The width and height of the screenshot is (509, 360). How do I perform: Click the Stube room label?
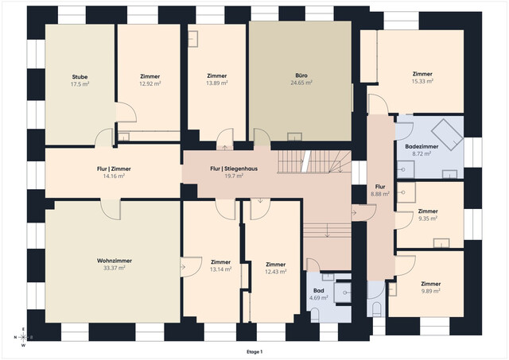(x=80, y=77)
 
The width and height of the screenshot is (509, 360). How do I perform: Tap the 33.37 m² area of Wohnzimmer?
(x=115, y=268)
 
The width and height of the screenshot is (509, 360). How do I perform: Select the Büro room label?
(x=301, y=75)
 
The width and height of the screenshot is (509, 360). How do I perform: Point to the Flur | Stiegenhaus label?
(x=234, y=168)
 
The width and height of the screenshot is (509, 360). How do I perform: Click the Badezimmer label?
(x=422, y=146)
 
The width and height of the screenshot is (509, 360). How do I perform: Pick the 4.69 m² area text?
(x=318, y=298)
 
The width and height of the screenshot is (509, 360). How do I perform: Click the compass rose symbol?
(x=23, y=337)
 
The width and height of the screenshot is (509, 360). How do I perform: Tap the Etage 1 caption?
(x=254, y=352)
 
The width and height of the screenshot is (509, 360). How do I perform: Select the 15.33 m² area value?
(x=422, y=81)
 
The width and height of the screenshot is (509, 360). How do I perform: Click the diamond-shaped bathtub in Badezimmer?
(x=447, y=134)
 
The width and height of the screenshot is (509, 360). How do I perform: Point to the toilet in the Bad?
(x=315, y=315)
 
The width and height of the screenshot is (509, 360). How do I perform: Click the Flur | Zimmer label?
(x=114, y=168)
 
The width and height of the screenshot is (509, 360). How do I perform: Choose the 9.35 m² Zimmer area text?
(x=428, y=219)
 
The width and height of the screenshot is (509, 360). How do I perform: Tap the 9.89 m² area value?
(x=431, y=291)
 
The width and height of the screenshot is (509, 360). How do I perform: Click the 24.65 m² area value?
(x=301, y=83)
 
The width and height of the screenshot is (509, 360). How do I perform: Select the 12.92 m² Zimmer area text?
(x=150, y=83)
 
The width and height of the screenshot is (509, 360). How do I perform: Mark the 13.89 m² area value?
(x=217, y=83)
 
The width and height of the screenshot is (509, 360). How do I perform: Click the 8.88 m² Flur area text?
(x=380, y=194)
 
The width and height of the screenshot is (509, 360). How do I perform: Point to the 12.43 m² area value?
(x=276, y=272)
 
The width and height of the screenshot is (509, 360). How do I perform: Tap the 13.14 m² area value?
(x=220, y=269)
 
